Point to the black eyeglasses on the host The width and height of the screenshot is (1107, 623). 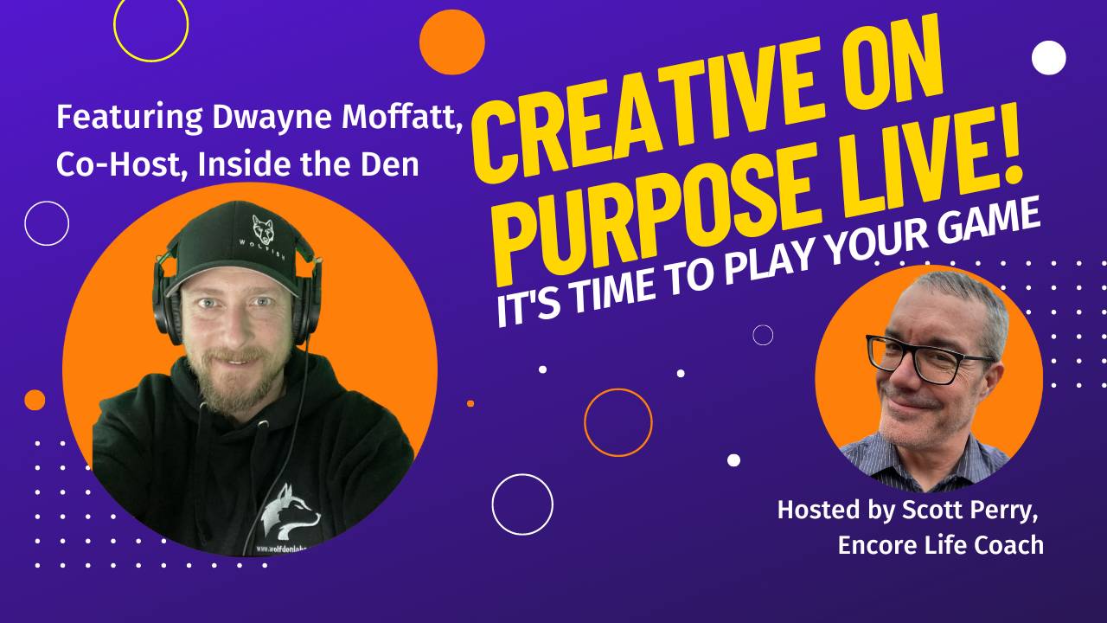click(930, 357)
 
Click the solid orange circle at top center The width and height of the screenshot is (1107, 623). click(451, 42)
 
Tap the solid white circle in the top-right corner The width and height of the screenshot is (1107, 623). click(1049, 57)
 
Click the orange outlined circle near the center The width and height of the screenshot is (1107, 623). click(617, 422)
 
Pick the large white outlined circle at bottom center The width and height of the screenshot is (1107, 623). click(522, 504)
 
